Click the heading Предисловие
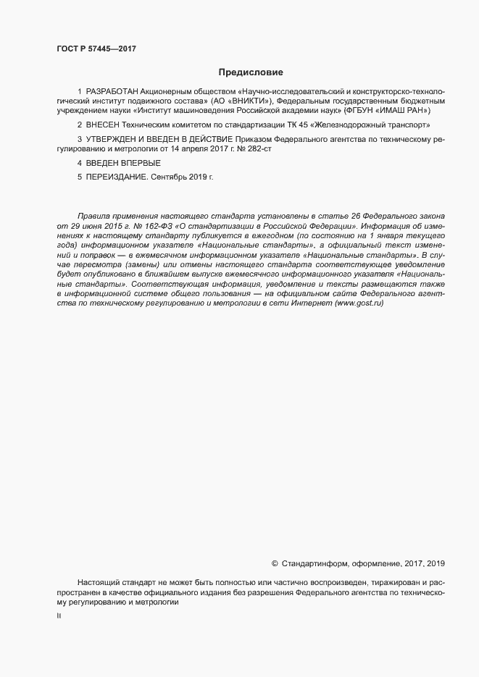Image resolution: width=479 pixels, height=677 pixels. click(x=250, y=72)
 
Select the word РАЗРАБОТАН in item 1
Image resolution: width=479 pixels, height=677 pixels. click(x=113, y=93)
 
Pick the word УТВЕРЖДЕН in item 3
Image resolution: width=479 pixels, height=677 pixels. click(x=110, y=138)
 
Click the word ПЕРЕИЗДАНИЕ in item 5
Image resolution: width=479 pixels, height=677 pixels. click(x=116, y=176)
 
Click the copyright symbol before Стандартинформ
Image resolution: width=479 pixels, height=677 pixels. click(x=275, y=563)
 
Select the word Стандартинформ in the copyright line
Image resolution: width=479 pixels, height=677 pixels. click(x=315, y=563)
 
